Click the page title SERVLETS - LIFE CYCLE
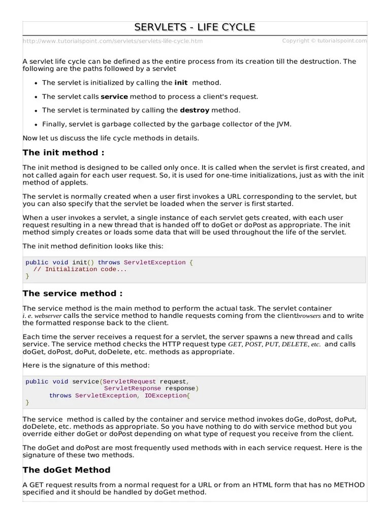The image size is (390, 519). [194, 27]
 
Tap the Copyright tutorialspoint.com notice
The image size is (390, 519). [324, 41]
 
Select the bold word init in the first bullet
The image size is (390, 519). [181, 83]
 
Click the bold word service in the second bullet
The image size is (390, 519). [114, 96]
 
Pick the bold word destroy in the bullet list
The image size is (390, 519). [194, 110]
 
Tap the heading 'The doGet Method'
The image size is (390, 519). [67, 470]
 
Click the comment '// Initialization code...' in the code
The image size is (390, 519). [80, 269]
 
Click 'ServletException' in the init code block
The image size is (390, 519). [155, 263]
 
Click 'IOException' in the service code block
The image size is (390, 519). [166, 395]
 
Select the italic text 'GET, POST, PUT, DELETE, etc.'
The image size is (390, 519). [274, 344]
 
